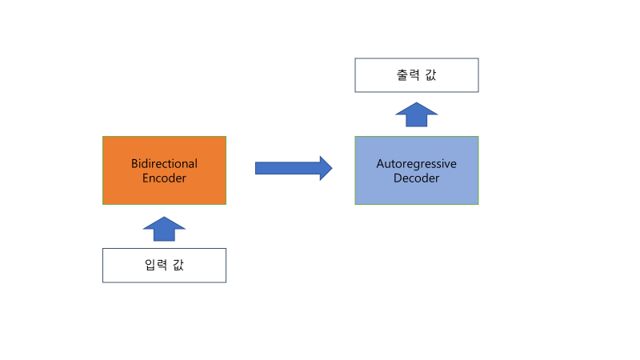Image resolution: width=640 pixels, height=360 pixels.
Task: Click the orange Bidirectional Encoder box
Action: tap(164, 170)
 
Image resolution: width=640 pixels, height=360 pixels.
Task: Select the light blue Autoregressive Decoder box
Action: tap(417, 170)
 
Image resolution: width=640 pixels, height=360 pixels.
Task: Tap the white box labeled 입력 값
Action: tap(164, 266)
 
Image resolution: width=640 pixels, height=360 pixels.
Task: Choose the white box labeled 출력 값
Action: tap(417, 75)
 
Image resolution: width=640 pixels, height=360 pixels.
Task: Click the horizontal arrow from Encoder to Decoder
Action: tap(294, 168)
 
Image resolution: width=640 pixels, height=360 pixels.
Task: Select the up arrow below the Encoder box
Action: tap(164, 229)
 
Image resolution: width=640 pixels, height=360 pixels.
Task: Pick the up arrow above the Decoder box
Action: tap(417, 114)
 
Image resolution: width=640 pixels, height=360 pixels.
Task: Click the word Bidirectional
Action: tap(164, 164)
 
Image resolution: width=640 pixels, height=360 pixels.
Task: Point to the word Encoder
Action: tap(164, 178)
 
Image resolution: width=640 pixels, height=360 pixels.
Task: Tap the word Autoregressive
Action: tap(416, 164)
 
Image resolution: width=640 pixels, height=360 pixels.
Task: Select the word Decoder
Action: tap(416, 178)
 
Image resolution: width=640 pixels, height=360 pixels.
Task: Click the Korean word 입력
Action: tap(156, 265)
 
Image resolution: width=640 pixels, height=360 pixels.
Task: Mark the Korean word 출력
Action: tap(408, 74)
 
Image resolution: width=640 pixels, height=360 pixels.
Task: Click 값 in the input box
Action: tap(178, 265)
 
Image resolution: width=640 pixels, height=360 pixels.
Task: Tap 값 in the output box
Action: tap(430, 74)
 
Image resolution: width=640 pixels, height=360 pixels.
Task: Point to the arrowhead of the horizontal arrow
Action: tap(326, 168)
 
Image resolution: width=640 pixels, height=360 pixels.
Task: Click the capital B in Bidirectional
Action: tap(134, 164)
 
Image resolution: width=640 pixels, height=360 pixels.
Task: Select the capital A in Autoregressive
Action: tap(381, 164)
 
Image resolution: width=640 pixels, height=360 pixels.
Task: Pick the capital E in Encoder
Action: tap(146, 178)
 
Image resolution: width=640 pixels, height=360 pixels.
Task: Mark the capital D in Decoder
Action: tap(398, 178)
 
